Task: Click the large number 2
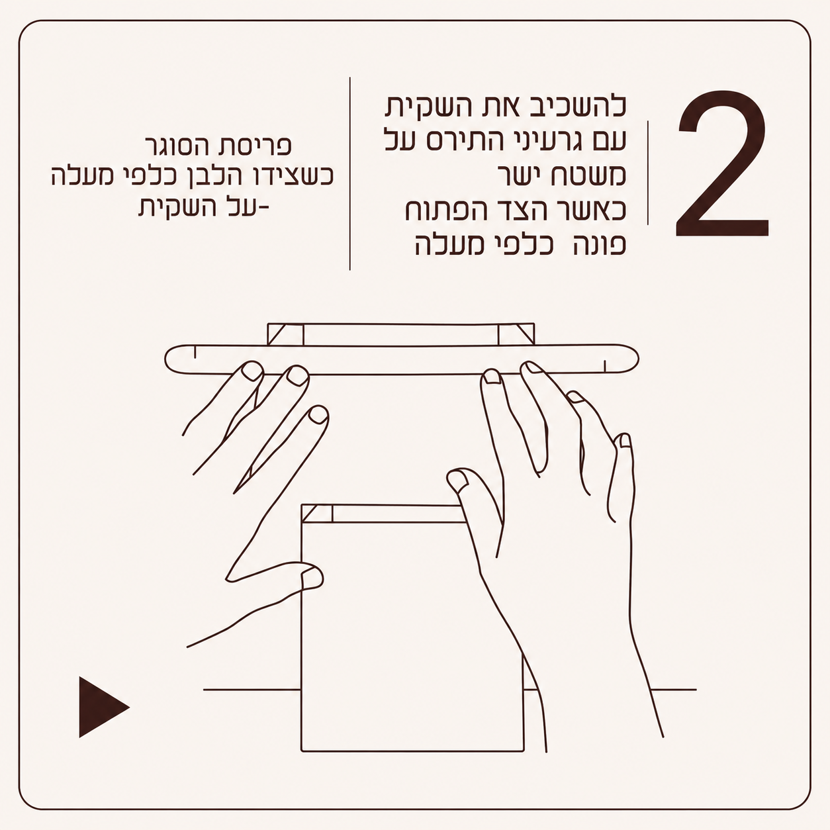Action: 722,164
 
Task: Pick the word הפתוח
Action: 444,210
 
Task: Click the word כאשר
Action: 595,210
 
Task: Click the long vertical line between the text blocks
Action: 349,174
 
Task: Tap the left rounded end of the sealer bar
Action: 172,359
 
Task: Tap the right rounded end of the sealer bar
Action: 631,358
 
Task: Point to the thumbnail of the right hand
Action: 458,480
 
